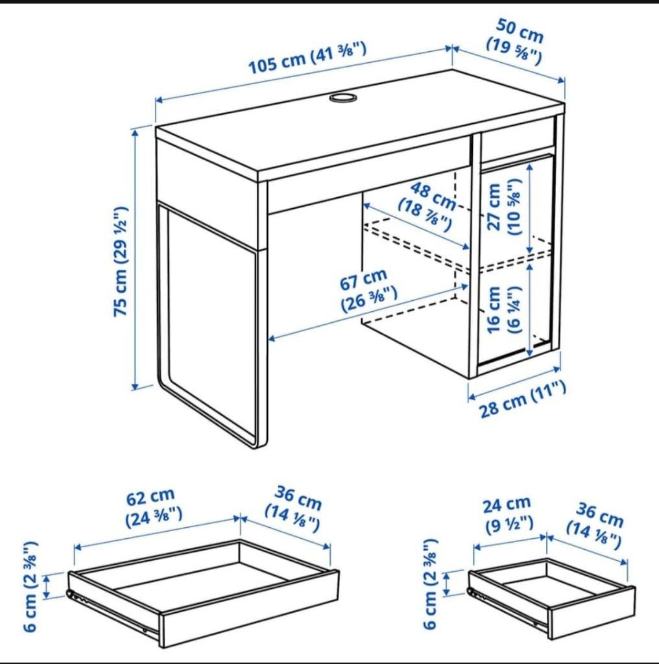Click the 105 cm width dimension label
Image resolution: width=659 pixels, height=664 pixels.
click(x=308, y=58)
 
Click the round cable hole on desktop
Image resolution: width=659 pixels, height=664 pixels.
click(x=342, y=97)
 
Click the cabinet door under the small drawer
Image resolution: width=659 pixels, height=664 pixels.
click(x=516, y=259)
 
